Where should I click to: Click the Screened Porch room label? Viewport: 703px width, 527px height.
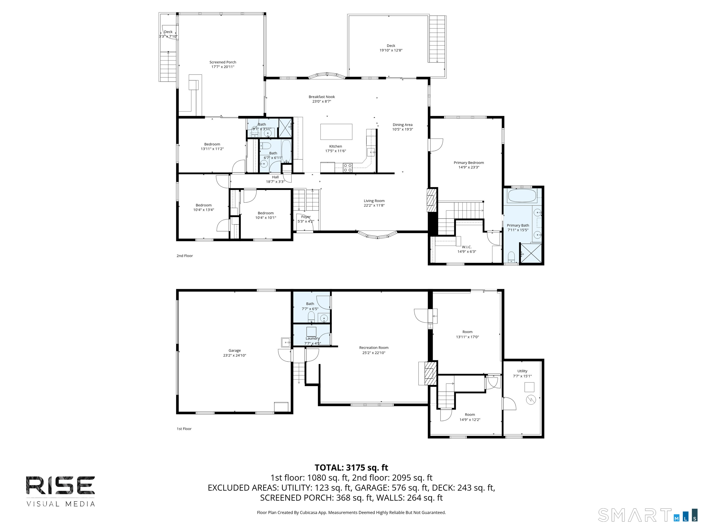tap(223, 62)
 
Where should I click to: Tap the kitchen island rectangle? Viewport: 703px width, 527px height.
tap(336, 132)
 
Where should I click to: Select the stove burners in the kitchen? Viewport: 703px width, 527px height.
tap(347, 167)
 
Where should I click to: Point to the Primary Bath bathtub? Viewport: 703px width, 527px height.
tap(522, 196)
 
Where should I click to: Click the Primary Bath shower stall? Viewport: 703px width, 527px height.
tap(531, 253)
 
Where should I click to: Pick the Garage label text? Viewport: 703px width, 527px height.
tap(235, 351)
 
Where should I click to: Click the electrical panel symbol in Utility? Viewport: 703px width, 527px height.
tap(531, 400)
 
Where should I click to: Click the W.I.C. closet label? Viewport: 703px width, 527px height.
tap(467, 247)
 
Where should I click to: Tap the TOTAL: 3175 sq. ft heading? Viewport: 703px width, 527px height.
tap(351, 468)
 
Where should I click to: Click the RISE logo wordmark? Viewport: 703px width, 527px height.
tap(60, 485)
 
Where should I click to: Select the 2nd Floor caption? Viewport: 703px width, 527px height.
tap(185, 256)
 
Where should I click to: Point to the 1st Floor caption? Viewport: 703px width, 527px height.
tap(184, 429)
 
